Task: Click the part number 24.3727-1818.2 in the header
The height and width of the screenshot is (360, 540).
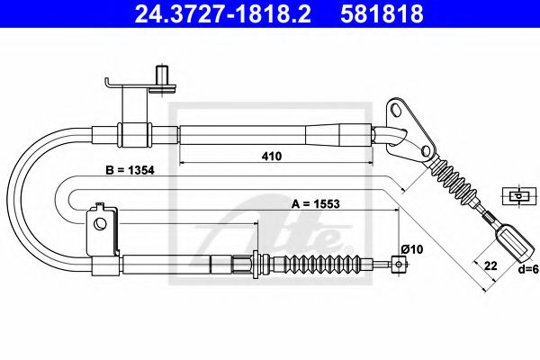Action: pyautogui.click(x=223, y=14)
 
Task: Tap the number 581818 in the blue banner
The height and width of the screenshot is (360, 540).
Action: pyautogui.click(x=382, y=14)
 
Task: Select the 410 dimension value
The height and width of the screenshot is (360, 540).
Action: pyautogui.click(x=272, y=156)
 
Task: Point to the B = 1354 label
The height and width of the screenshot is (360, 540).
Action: pyautogui.click(x=130, y=170)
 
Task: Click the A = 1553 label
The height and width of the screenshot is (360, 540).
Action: pyautogui.click(x=316, y=204)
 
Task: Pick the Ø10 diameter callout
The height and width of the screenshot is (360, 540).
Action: pyautogui.click(x=412, y=249)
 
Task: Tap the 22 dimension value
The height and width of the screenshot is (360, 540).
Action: pyautogui.click(x=490, y=265)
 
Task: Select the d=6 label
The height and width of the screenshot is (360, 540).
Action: pyautogui.click(x=526, y=269)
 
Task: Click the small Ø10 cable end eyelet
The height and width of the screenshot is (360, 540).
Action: pyautogui.click(x=399, y=265)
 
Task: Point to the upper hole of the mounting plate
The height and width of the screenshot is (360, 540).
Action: pyautogui.click(x=397, y=110)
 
